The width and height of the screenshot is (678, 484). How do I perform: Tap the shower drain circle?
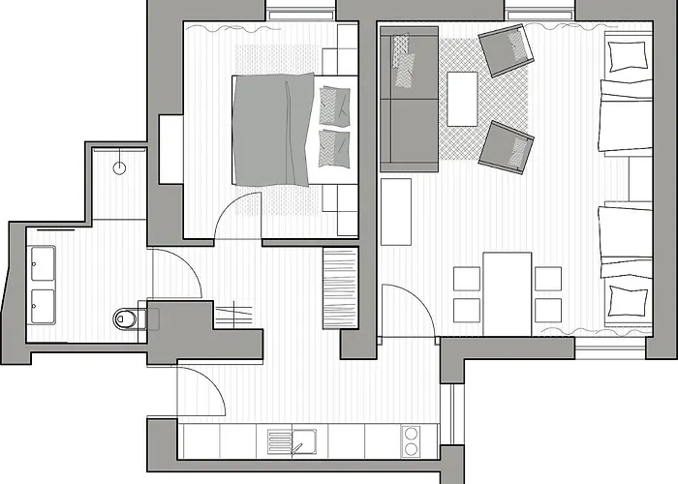click(120, 166)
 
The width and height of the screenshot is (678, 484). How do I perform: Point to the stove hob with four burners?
click(411, 442)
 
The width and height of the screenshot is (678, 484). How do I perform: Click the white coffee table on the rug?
click(462, 99)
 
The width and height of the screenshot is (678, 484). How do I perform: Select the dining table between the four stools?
click(507, 291)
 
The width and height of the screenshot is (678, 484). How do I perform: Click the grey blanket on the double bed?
click(273, 131)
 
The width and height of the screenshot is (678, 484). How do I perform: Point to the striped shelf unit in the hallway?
click(340, 288)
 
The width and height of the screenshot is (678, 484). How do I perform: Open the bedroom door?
click(238, 215)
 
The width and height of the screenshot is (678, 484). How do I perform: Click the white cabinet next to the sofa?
click(395, 211)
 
